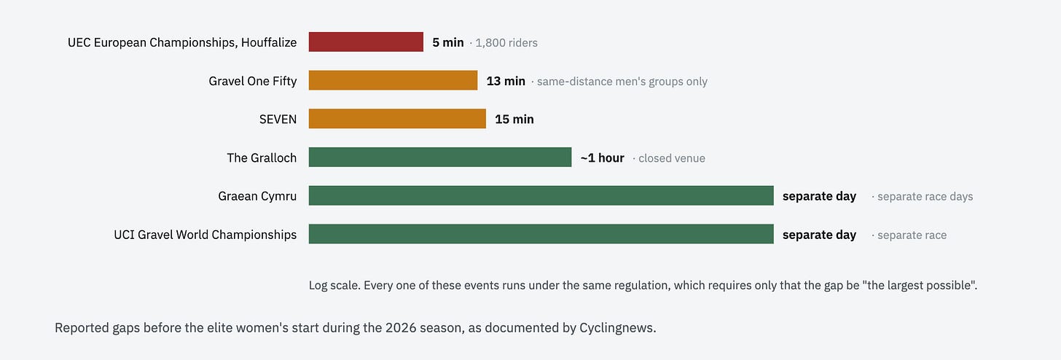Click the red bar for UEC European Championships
pos(366,42)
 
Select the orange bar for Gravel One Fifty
pos(393,80)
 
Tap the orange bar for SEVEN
pos(397,118)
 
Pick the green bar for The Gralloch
pos(440,157)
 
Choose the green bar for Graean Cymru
pos(541,195)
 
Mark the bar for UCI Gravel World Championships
pos(541,233)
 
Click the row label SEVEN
pos(278,120)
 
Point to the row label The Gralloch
pos(262,157)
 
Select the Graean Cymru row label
pos(257,196)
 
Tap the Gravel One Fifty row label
pos(252,81)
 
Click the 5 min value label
pos(448,42)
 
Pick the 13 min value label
pos(506,81)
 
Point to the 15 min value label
pos(514,120)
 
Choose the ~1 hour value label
pos(603,157)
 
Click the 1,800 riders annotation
pos(506,43)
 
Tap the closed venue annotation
pos(672,158)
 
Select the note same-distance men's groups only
pos(622,82)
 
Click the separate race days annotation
pos(925,197)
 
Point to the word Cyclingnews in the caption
pos(616,328)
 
